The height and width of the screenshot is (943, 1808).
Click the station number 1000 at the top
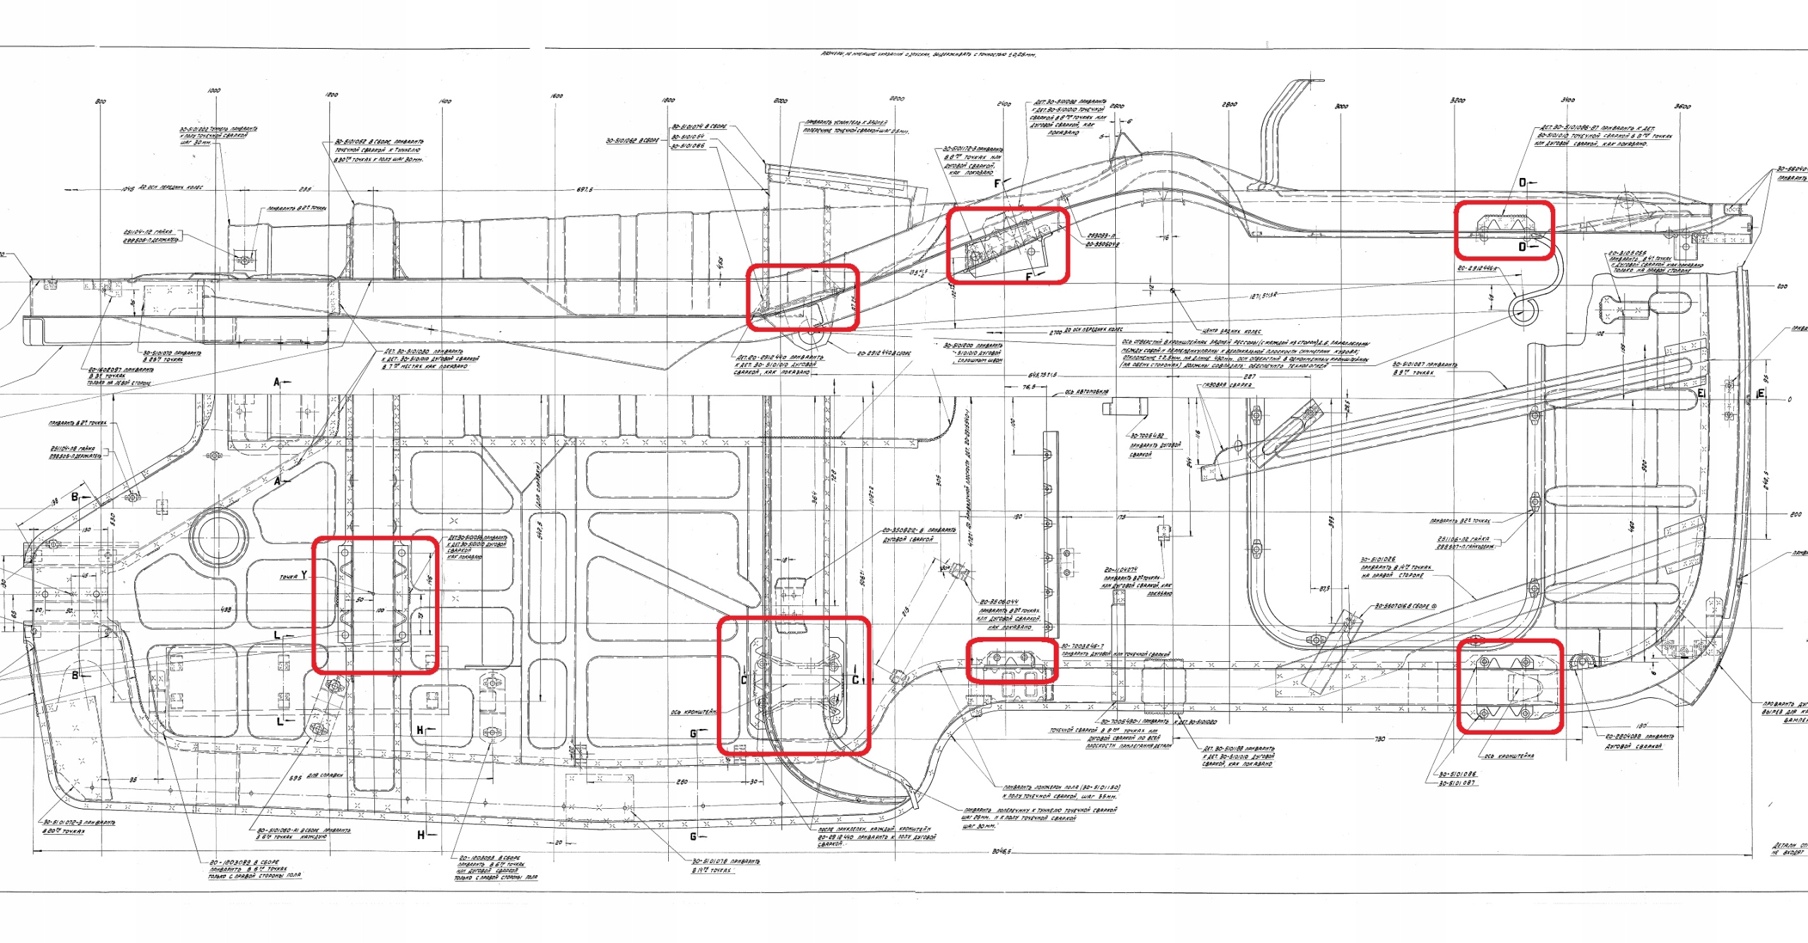coord(214,90)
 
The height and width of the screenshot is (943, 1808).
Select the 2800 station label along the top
coord(1230,105)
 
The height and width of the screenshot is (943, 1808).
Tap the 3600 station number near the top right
coord(1683,107)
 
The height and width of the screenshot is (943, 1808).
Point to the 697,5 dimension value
coord(585,189)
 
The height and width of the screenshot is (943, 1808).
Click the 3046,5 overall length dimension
coord(1001,852)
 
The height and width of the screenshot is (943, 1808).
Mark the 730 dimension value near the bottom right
coord(1379,739)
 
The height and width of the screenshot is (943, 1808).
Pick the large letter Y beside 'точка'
coord(304,575)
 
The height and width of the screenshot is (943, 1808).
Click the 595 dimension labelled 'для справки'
coord(295,778)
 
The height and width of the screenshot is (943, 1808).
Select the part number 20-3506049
coord(1102,244)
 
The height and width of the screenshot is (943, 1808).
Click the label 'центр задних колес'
coord(1232,331)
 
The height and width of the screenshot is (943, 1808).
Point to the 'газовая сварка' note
coord(1227,385)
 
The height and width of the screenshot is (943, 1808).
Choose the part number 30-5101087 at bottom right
coord(1456,783)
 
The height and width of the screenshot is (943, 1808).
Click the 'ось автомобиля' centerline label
coord(1087,392)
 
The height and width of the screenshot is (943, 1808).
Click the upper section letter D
coord(1523,182)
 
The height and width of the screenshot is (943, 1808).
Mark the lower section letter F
coord(1028,278)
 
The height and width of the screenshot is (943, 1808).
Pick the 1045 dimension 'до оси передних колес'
coord(128,189)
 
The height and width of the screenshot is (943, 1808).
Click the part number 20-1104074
coord(1121,569)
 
